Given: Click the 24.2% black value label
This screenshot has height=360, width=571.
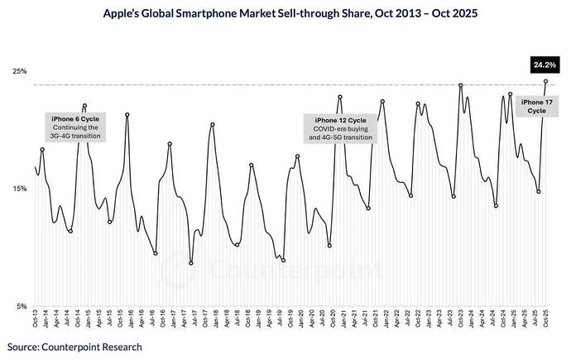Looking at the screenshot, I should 544,63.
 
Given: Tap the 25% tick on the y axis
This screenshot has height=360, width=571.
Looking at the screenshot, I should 21,71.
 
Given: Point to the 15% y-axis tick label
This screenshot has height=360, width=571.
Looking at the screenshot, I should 21,189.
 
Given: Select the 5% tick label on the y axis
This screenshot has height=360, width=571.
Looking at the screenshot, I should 22,306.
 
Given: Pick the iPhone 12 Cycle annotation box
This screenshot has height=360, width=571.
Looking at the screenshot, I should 340,128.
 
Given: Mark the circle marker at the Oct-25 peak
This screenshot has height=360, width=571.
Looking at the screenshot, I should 545,81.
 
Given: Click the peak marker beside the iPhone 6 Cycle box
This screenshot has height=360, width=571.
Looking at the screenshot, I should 85,106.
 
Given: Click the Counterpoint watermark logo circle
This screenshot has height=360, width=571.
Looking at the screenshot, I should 175,269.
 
